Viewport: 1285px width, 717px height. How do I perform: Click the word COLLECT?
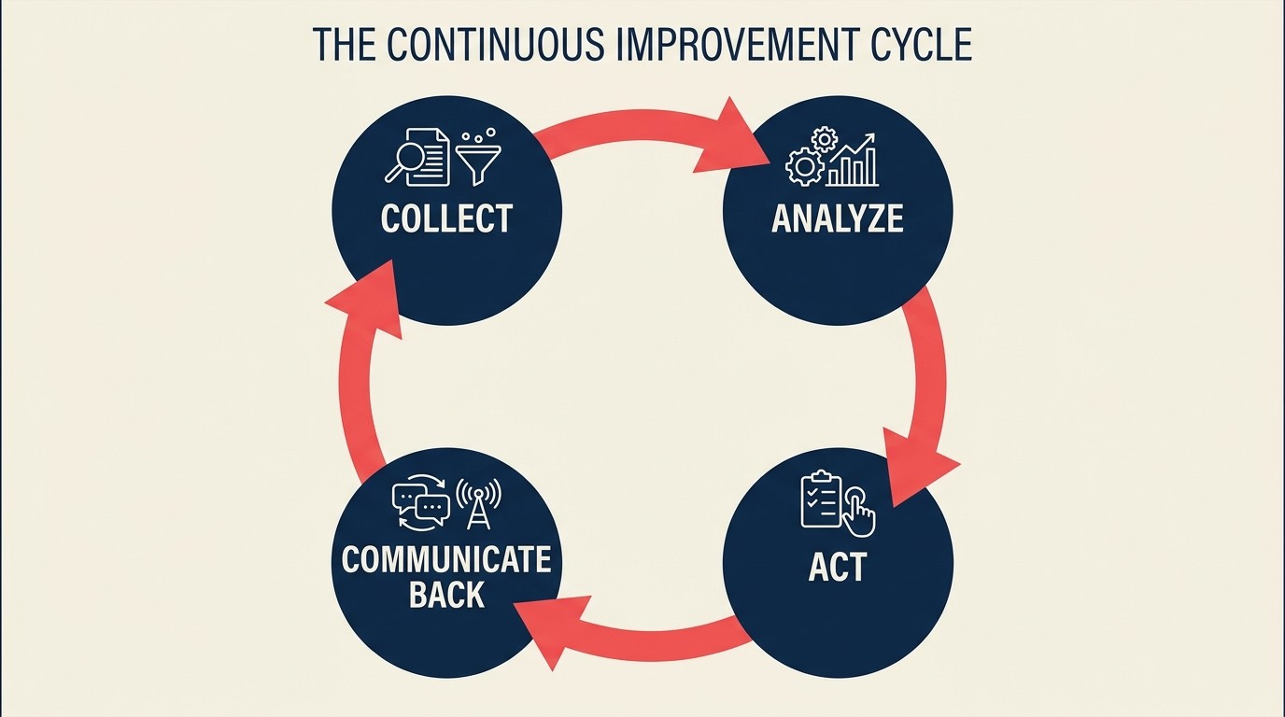pyautogui.click(x=446, y=218)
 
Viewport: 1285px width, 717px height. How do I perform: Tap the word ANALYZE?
pyautogui.click(x=838, y=218)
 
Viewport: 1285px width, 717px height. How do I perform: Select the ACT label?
pyautogui.click(x=838, y=567)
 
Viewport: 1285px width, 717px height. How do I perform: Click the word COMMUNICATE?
pyautogui.click(x=446, y=560)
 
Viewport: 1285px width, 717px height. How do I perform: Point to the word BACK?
pyautogui.click(x=446, y=596)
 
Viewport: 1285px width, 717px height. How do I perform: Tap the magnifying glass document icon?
pyautogui.click(x=417, y=157)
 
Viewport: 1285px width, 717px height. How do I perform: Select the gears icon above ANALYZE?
pyautogui.click(x=808, y=157)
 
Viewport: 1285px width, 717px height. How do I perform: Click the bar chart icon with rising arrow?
pyautogui.click(x=854, y=161)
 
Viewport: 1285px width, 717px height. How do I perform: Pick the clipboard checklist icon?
pyautogui.click(x=820, y=499)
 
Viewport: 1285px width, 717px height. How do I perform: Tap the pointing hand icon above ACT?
pyautogui.click(x=859, y=512)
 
